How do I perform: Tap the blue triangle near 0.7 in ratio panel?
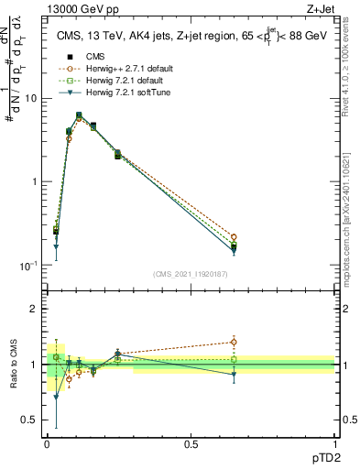tap(56, 398)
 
